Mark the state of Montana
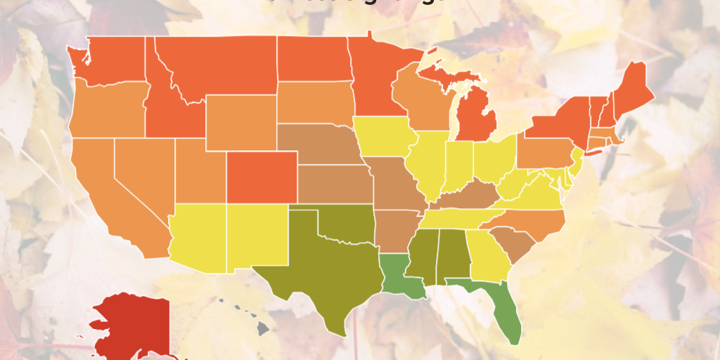click(218, 63)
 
